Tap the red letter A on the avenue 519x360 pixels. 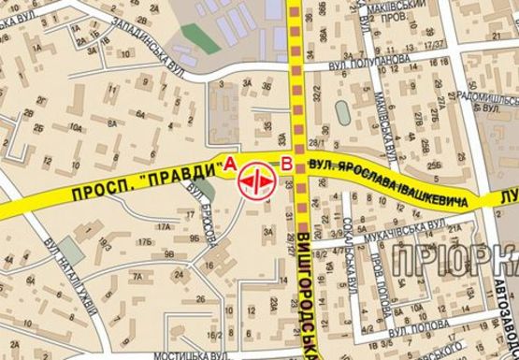(226, 166)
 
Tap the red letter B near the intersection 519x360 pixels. (285, 166)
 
